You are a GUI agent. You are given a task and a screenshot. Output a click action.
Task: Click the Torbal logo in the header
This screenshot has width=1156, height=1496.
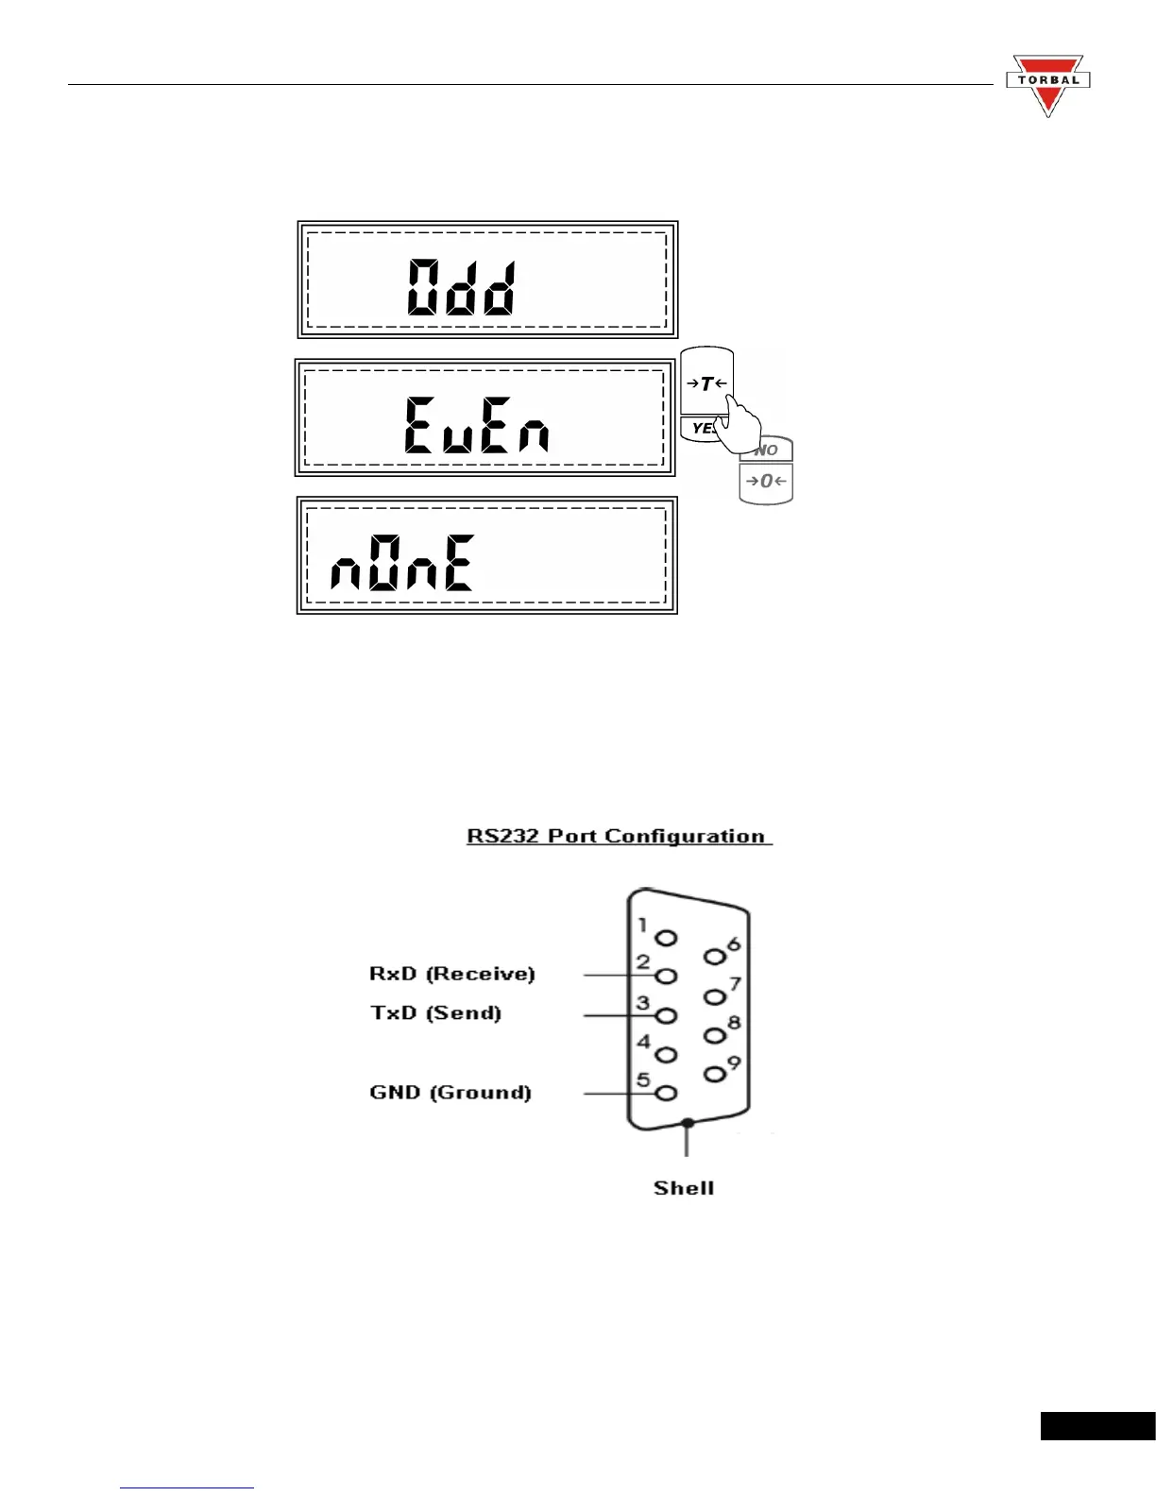tap(1047, 84)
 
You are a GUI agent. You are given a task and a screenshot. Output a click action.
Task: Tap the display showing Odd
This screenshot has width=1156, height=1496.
tap(487, 280)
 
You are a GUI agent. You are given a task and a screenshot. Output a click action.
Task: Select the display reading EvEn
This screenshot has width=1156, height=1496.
tap(484, 417)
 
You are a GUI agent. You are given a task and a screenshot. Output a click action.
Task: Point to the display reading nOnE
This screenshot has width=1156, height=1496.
tap(487, 555)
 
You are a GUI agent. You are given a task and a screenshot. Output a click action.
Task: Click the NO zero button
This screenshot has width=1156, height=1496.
tap(766, 471)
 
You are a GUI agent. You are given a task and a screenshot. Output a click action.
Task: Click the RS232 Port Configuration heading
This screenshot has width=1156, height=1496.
tap(619, 837)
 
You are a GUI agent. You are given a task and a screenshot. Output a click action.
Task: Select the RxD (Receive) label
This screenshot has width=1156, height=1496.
tap(451, 974)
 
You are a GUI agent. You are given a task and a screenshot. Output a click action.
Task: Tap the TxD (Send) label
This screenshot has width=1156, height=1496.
tap(435, 1013)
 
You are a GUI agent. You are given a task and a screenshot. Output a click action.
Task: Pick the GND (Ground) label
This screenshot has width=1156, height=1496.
tap(450, 1093)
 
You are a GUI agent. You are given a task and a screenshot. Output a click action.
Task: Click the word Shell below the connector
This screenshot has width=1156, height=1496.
tap(684, 1188)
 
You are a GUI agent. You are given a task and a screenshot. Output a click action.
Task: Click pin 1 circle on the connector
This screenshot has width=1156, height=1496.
tap(667, 938)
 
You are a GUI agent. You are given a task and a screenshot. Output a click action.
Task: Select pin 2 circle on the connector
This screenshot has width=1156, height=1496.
tap(667, 976)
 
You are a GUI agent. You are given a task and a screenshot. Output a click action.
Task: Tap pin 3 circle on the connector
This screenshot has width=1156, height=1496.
tap(667, 1016)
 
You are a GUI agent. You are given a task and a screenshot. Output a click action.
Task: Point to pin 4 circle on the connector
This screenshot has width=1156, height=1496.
tap(667, 1055)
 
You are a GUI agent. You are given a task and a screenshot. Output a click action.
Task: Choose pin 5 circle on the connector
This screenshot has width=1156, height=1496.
tap(667, 1094)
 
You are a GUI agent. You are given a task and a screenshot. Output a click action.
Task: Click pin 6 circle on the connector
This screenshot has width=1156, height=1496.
tap(715, 957)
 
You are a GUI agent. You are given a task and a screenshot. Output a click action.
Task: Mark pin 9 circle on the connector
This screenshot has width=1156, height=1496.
tap(715, 1074)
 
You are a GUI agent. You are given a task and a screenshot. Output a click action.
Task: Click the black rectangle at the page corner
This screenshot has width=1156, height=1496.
tap(1097, 1425)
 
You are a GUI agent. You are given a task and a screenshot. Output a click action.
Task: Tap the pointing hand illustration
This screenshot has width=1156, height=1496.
tap(738, 422)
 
